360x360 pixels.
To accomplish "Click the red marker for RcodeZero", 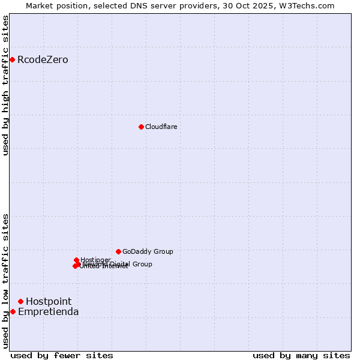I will (x=12, y=59).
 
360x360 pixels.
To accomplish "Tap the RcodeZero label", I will (x=43, y=60).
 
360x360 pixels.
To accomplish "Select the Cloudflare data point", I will (x=141, y=127).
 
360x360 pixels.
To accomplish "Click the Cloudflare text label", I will (x=161, y=127).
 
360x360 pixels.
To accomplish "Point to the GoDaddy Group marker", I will (x=118, y=251).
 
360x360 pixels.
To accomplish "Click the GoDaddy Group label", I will (x=148, y=252).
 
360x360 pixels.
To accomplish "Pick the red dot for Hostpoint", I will (x=20, y=301).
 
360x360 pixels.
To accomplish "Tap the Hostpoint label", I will (x=49, y=302).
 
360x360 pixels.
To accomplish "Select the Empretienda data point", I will (x=13, y=311).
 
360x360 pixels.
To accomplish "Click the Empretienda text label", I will (x=49, y=312).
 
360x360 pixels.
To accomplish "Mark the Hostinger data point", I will (x=76, y=260).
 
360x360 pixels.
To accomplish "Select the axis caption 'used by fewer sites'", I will (x=62, y=355).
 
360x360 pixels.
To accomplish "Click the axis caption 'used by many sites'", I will (x=301, y=355).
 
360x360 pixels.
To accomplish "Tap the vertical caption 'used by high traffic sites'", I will (x=6, y=86).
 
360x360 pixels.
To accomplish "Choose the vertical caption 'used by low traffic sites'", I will (x=6, y=281).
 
